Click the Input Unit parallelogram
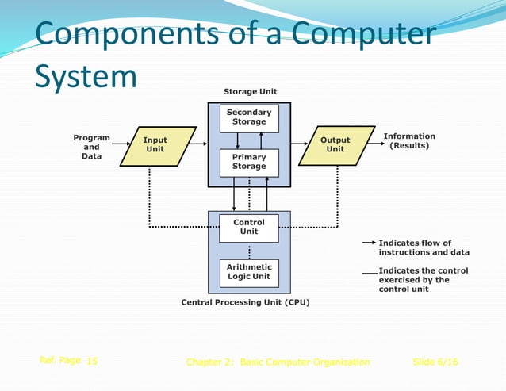[157, 146]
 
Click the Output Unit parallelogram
[336, 145]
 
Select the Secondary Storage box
[249, 118]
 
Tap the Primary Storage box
[249, 163]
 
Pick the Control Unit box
[249, 228]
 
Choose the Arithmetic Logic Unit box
[249, 272]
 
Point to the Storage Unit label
[250, 92]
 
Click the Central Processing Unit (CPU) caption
[245, 302]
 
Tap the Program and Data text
[92, 147]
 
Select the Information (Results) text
[409, 141]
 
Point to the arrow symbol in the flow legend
[369, 243]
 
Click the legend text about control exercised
[424, 280]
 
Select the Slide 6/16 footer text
[435, 362]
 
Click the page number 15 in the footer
[92, 362]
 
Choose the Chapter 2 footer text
[278, 362]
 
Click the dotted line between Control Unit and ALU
[249, 251]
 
